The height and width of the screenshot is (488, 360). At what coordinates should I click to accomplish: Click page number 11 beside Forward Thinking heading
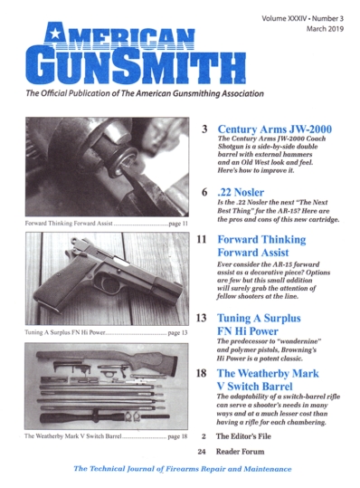(x=203, y=241)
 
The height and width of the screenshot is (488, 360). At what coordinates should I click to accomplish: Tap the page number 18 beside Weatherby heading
(x=203, y=373)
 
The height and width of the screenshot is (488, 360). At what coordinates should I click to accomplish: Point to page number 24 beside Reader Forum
(x=203, y=451)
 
